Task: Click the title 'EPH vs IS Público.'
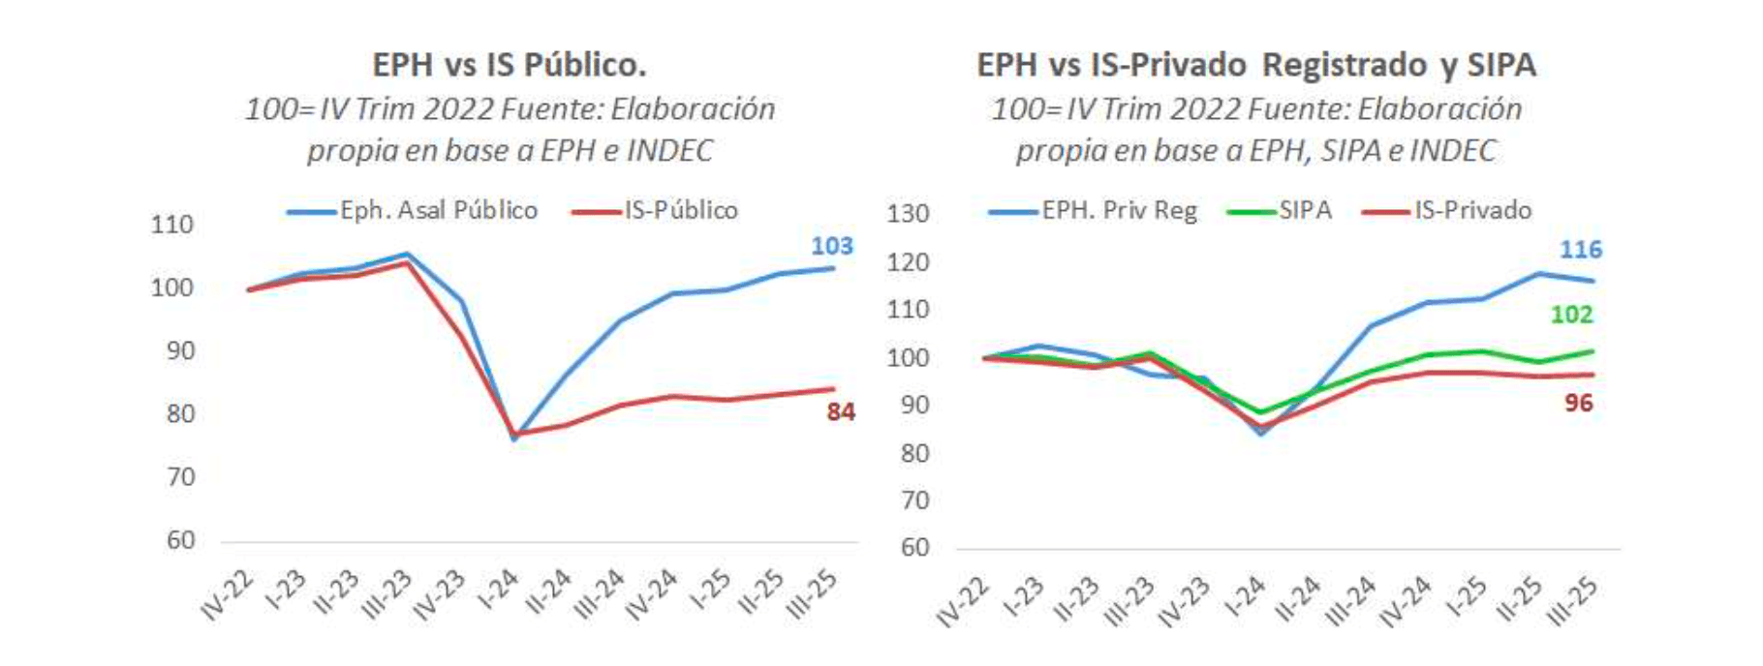click(510, 65)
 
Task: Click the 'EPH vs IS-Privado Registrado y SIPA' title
click(1255, 65)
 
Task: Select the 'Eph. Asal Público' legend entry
click(438, 210)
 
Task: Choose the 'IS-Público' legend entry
click(681, 210)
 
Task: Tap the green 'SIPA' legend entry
click(1304, 210)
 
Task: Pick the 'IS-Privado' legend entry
click(1472, 210)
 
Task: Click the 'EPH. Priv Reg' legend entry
click(1119, 210)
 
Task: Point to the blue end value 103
click(831, 246)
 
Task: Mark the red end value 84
click(840, 412)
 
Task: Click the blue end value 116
click(1580, 250)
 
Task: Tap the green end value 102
click(1571, 315)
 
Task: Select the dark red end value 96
click(1578, 404)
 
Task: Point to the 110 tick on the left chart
click(172, 225)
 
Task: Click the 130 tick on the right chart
click(908, 213)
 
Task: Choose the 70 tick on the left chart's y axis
click(180, 477)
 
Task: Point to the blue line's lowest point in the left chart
click(514, 439)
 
